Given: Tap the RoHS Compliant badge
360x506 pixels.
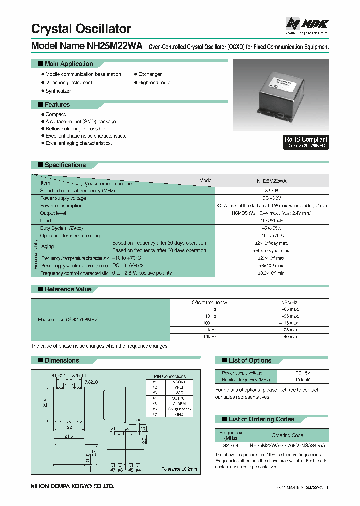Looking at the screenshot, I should pyautogui.click(x=306, y=142).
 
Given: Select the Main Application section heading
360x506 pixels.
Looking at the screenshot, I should pyautogui.click(x=68, y=64).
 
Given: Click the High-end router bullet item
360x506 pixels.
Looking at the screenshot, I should pyautogui.click(x=155, y=83).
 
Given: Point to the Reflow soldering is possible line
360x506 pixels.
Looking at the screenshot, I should pyautogui.click(x=76, y=129).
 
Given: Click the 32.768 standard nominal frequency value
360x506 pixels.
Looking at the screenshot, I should pyautogui.click(x=272, y=191).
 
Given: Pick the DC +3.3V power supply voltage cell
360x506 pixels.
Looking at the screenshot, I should pyautogui.click(x=272, y=198).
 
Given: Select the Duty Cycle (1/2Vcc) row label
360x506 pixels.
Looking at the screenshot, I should pyautogui.click(x=61, y=228).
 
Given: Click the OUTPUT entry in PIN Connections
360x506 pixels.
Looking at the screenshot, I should pyautogui.click(x=179, y=398).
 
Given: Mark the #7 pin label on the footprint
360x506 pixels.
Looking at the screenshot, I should pyautogui.click(x=113, y=470).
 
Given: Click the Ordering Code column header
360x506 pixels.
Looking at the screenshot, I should pyautogui.click(x=287, y=435).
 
